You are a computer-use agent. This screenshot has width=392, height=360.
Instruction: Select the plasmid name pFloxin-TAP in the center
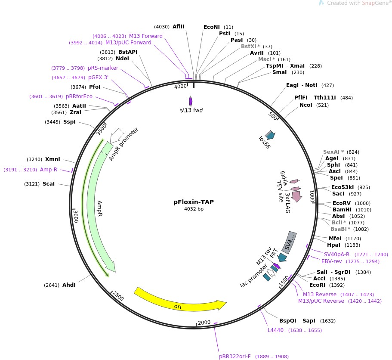pyautogui.click(x=194, y=202)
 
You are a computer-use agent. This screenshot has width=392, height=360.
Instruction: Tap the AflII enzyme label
pyautogui.click(x=178, y=26)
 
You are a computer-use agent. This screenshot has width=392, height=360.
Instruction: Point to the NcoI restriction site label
pyautogui.click(x=306, y=105)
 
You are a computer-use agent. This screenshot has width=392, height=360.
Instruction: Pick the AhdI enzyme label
pyautogui.click(x=69, y=285)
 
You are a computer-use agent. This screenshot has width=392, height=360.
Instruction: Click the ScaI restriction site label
pyautogui.click(x=49, y=184)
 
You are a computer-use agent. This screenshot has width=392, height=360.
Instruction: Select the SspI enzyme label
pyautogui.click(x=69, y=122)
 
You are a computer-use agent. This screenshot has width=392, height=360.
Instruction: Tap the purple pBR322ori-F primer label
pyautogui.click(x=235, y=357)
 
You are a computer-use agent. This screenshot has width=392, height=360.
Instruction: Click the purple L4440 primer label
pyautogui.click(x=276, y=330)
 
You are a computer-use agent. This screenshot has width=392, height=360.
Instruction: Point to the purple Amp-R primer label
pyautogui.click(x=49, y=170)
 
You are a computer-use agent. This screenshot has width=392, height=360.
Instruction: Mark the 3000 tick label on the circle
pyautogui.click(x=76, y=214)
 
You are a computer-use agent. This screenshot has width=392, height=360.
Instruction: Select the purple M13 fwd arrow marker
pyautogui.click(x=191, y=102)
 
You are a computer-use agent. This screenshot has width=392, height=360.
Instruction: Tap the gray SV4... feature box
pyautogui.click(x=290, y=242)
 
